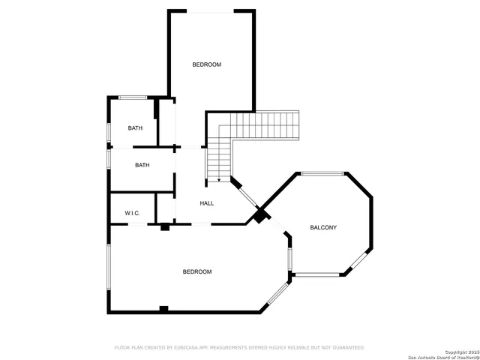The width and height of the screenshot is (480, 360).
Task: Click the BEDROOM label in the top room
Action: pos(207,64)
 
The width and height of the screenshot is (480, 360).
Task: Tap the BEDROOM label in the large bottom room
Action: pos(197,271)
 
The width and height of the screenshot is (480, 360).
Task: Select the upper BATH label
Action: pos(135,128)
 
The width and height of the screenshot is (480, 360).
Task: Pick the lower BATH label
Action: pos(142,165)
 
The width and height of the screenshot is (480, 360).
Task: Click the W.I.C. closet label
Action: pos(133,214)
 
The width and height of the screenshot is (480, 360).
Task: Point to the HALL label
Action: pos(207,203)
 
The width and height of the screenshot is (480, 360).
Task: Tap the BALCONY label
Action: pos(323,227)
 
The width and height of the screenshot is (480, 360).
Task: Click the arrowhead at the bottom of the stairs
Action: pos(218,179)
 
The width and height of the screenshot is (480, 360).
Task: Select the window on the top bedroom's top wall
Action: pos(211,11)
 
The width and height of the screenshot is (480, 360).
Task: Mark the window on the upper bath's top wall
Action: pos(133,97)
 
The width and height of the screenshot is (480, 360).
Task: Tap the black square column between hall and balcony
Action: pos(259,216)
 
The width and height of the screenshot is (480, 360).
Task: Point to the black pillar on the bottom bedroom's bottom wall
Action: pos(163,309)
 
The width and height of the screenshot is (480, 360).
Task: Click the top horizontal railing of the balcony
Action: pos(322,174)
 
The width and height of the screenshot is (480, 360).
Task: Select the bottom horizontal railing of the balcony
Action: pos(316,274)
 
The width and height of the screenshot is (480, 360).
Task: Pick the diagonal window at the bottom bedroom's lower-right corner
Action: pos(278,293)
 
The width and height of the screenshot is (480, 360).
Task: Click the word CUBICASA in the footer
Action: pos(189,348)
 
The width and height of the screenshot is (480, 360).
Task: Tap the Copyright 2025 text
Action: pos(460,352)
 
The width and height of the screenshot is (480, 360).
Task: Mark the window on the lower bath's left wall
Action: pos(109,159)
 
